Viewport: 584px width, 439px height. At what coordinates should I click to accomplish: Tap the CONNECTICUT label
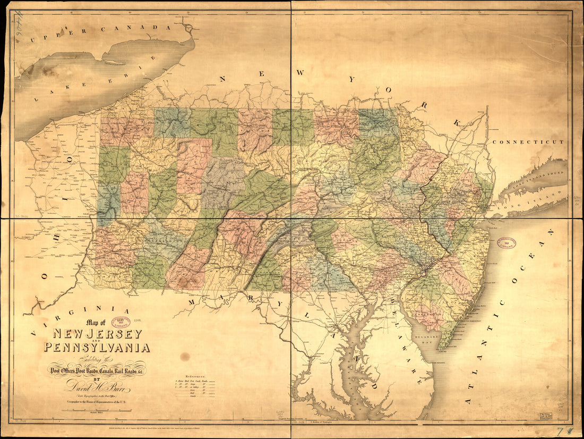click(x=528, y=142)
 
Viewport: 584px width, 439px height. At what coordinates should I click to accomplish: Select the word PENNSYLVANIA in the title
click(x=97, y=348)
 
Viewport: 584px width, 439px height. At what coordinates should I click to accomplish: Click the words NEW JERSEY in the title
click(x=97, y=334)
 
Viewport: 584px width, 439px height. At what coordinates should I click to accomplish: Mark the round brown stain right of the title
click(x=184, y=356)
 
